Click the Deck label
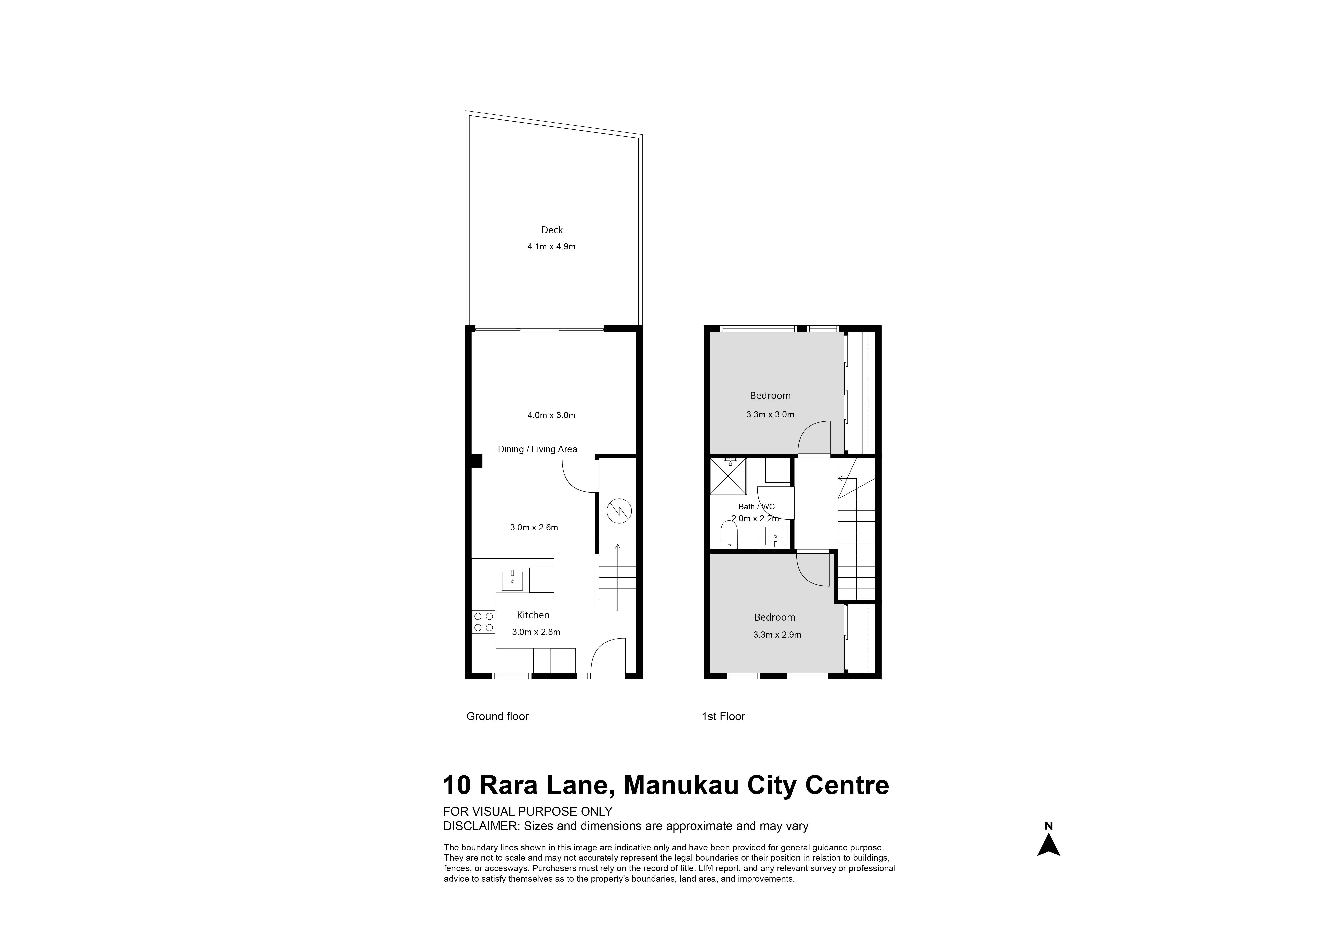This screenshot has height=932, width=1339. point(552,230)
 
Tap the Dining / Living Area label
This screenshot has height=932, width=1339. point(537,449)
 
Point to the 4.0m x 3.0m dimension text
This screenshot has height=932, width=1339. point(551,415)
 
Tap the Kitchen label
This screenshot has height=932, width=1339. point(533,615)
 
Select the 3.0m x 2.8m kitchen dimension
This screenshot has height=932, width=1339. point(536,632)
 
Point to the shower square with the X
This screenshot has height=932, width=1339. point(728,476)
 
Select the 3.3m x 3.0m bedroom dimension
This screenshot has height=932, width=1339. point(770,415)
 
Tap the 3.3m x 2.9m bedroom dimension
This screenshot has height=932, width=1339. point(777,634)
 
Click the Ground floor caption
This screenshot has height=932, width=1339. point(498,716)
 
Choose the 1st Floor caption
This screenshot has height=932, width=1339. point(723,716)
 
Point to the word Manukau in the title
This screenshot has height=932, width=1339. point(678,785)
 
